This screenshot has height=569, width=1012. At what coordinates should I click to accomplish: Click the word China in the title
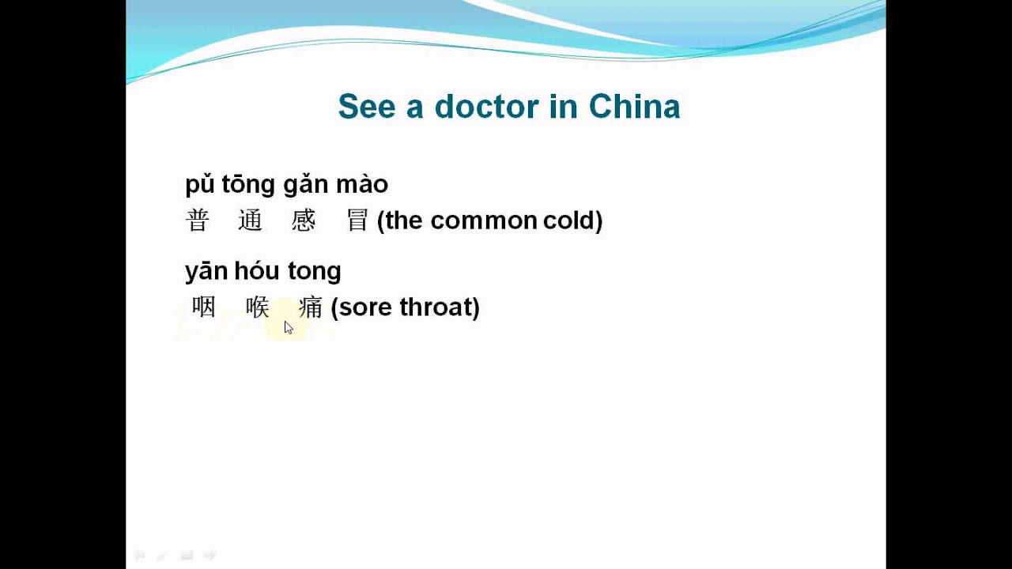634,107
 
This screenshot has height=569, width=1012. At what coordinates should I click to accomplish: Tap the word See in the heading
367,107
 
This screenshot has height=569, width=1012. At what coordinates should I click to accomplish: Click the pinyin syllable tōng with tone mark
247,185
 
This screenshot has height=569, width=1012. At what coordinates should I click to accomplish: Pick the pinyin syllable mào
361,185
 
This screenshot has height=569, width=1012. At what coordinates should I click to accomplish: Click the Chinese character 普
197,220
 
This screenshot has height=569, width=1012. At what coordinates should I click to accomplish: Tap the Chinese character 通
250,220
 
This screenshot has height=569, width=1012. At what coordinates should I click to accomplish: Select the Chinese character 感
304,220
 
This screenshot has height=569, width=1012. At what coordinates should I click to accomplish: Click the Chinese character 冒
357,220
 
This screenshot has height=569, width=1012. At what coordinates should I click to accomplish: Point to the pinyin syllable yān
206,272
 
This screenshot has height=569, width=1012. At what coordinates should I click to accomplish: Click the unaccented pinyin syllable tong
314,272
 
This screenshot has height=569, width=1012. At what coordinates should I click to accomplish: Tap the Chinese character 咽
204,307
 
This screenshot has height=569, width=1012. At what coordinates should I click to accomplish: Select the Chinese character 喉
258,307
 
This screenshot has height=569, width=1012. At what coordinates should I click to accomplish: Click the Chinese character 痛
311,307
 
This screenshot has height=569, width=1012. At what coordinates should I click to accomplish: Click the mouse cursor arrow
289,327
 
